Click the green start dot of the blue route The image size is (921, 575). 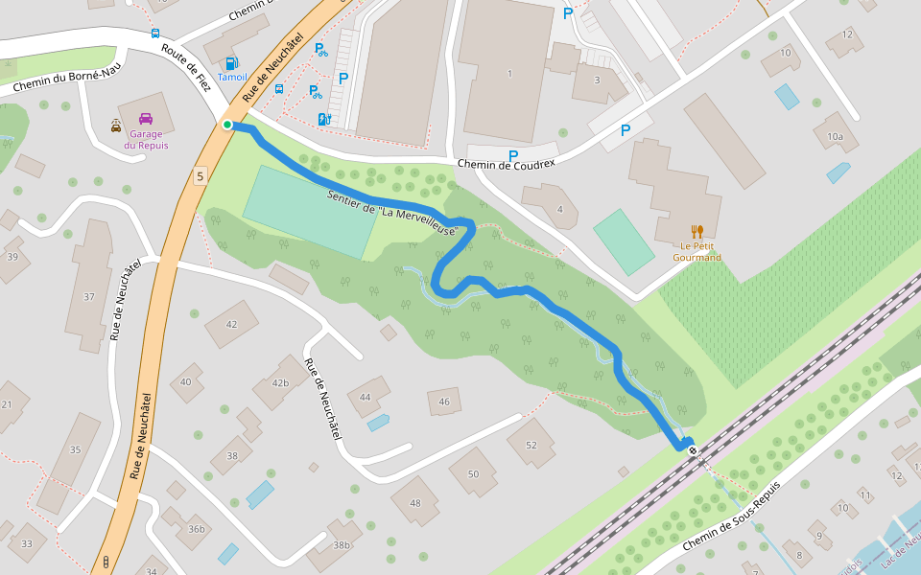click(x=227, y=125)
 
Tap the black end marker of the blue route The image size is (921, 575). click(x=692, y=449)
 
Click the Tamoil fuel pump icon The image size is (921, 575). click(x=232, y=62)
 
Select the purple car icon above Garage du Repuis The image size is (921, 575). click(x=146, y=119)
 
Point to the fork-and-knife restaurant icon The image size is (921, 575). click(x=697, y=231)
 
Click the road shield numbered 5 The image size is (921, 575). click(x=200, y=175)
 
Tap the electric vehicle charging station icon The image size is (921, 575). click(x=323, y=119)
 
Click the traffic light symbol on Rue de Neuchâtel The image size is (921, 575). click(x=106, y=561)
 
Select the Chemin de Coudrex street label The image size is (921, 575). click(x=507, y=164)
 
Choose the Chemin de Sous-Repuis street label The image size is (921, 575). click(x=732, y=516)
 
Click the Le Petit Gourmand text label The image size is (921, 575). click(x=697, y=251)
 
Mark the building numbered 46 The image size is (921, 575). click(x=444, y=402)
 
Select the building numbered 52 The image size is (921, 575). click(x=531, y=446)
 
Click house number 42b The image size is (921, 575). click(x=279, y=383)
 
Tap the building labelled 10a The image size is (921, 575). click(x=836, y=137)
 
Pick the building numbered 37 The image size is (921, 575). click(x=88, y=297)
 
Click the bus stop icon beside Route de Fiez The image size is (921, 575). click(x=155, y=34)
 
